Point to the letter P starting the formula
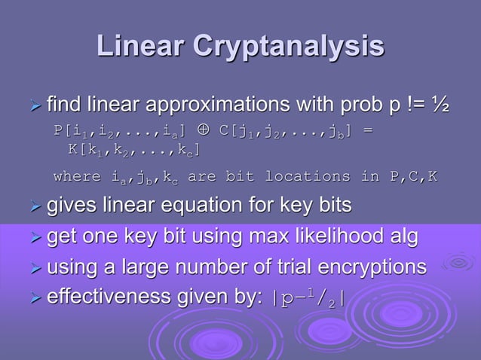pyautogui.click(x=58, y=132)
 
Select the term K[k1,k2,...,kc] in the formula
pyautogui.click(x=133, y=150)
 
